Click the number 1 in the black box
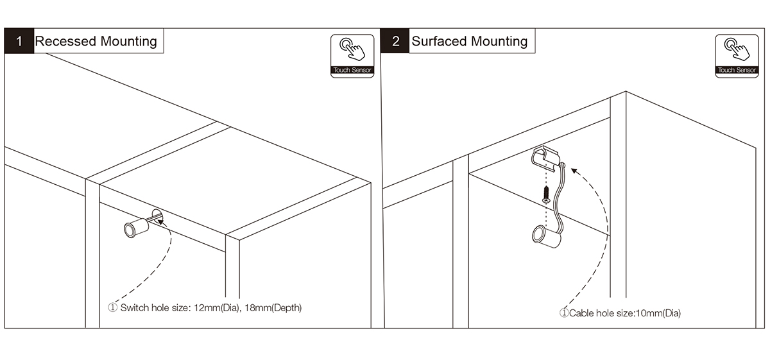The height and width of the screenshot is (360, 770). pos(19,41)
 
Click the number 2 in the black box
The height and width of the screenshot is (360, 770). pos(396,41)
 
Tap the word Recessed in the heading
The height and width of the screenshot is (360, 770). pos(65,41)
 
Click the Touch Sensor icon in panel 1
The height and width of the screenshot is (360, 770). pos(352,56)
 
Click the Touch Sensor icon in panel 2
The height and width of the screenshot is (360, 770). pos(737,56)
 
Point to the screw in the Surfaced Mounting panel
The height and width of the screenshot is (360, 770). pos(546,194)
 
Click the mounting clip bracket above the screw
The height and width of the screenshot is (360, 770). pos(547,160)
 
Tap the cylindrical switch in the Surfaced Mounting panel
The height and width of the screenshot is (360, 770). pos(546,237)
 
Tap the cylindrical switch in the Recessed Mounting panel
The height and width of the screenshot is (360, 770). pos(136,228)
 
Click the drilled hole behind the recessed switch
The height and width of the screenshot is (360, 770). pos(157,216)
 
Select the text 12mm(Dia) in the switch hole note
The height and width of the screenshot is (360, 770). pos(216,308)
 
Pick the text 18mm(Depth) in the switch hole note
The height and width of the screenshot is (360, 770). pos(273,308)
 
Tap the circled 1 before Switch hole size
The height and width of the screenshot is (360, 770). pos(112,307)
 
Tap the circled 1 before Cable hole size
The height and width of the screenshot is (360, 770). pos(564,313)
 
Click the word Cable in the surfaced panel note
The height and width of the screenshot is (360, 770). pos(581,313)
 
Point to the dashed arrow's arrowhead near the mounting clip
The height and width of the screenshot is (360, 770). pos(574,170)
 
